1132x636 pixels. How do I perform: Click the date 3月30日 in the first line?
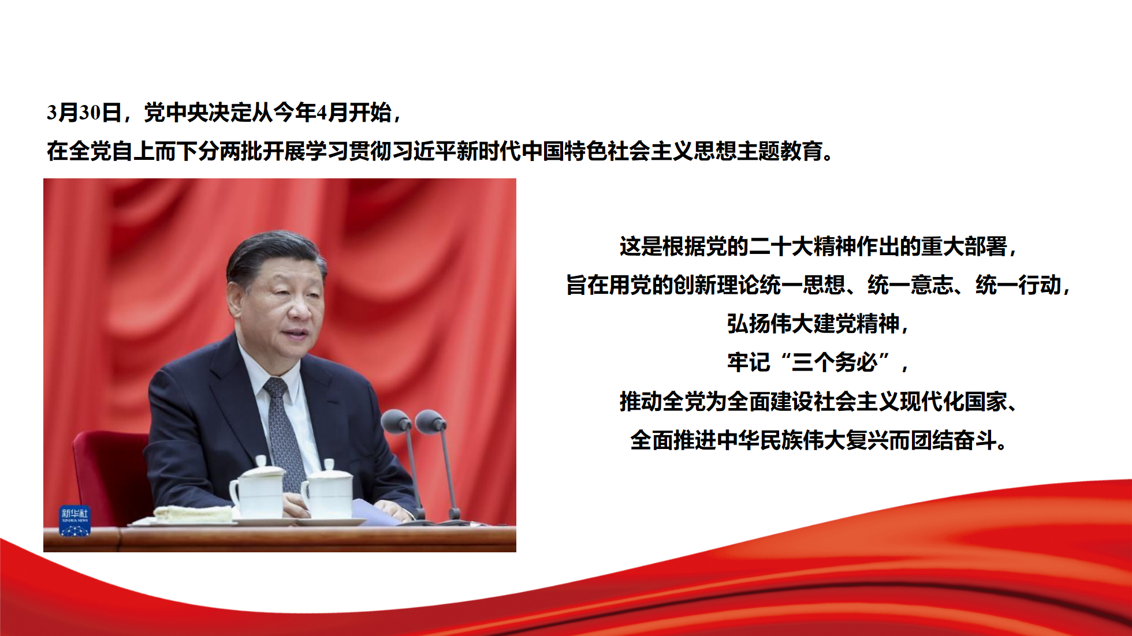coord(84,112)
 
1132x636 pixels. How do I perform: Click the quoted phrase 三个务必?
coord(835,362)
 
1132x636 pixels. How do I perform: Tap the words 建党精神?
coord(856,324)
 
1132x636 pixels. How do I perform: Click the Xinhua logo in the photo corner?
coord(75,521)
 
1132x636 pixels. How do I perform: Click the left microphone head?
coord(396,421)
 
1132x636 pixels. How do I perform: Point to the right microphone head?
coord(431,421)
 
